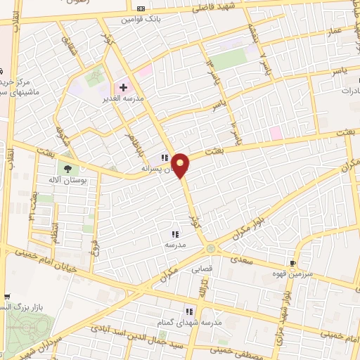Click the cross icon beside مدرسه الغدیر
(124, 88)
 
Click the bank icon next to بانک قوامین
(140, 8)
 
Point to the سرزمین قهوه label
(314, 276)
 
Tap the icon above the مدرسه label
(174, 234)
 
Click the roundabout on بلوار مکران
(211, 248)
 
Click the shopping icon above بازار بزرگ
(6, 297)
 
